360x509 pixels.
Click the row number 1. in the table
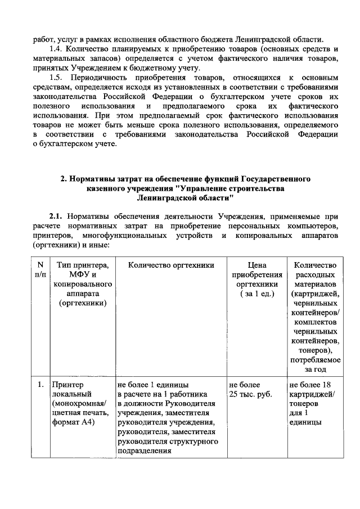pos(40,385)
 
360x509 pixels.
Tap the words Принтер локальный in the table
pos(67,389)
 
